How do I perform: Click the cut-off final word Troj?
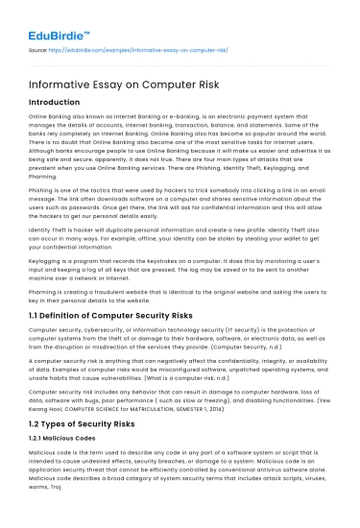pos(37,487)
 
